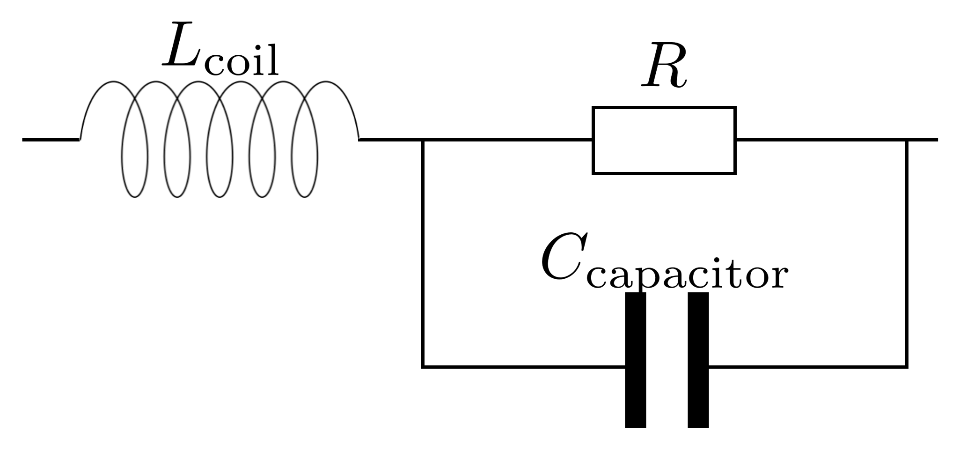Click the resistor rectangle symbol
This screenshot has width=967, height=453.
coord(664,141)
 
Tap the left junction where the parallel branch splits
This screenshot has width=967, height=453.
coord(423,140)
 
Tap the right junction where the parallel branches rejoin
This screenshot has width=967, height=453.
coord(907,140)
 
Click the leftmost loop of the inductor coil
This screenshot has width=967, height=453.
coord(135,155)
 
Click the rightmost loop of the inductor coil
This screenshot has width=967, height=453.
coord(305,155)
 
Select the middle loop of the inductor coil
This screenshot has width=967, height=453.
coord(220,155)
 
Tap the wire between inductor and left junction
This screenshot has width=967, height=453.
coord(391,140)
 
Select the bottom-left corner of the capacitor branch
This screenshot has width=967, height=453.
coord(423,366)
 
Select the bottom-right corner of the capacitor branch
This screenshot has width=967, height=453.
coord(907,366)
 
